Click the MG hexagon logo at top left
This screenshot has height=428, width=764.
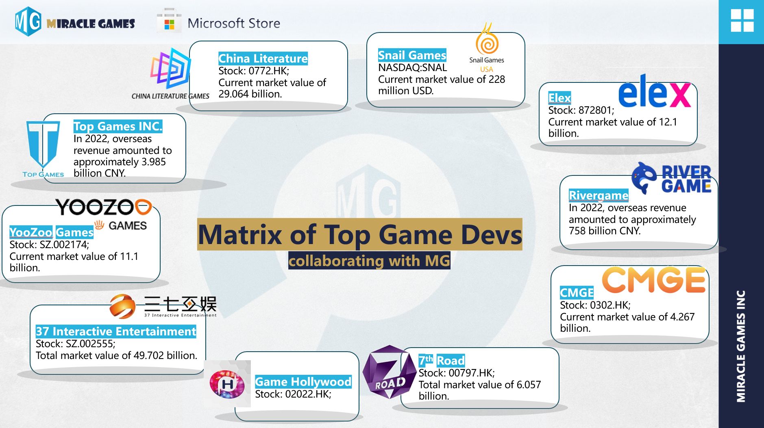[28, 22]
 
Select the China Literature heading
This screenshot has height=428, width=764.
[263, 58]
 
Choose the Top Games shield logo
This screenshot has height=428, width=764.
[43, 144]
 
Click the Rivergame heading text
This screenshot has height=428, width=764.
[599, 195]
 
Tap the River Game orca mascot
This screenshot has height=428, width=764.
[644, 177]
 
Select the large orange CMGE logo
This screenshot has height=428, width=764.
[653, 280]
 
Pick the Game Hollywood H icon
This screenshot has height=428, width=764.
[227, 384]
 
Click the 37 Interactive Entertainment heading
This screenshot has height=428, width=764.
[116, 331]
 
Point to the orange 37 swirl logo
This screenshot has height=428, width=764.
[122, 306]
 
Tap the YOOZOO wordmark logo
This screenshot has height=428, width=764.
[104, 207]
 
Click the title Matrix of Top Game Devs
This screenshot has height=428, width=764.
[360, 234]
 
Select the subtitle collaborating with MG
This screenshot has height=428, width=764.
[369, 261]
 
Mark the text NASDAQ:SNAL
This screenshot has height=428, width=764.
[412, 67]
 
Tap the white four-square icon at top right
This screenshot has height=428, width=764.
[742, 20]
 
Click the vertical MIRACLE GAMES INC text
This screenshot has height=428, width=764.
[741, 346]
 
